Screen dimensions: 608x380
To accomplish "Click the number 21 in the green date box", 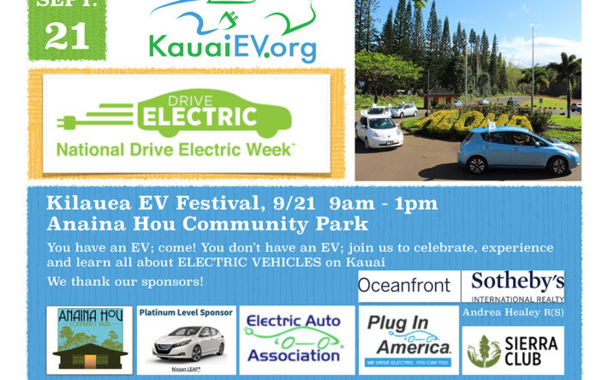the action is [x=67, y=36].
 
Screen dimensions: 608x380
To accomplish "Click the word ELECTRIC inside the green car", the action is [x=200, y=116].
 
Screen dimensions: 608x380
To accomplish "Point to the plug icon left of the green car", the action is [x=66, y=122].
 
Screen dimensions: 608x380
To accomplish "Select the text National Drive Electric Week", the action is [x=176, y=150].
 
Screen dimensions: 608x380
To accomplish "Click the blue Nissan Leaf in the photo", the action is [x=518, y=150].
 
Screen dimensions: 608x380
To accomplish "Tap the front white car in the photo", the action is [x=379, y=132].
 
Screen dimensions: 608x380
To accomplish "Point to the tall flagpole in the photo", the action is [x=533, y=67].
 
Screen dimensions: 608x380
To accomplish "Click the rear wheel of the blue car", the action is [x=477, y=164].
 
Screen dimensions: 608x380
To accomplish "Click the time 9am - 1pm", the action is [x=383, y=204].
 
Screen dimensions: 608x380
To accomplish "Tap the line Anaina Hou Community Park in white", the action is [x=207, y=224].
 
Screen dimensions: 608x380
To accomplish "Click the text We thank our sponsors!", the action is [x=125, y=282].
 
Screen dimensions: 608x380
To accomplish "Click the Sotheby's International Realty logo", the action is [x=513, y=286].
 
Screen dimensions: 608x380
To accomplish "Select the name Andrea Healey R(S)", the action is [x=513, y=312].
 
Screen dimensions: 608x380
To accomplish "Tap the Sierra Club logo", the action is [x=513, y=351].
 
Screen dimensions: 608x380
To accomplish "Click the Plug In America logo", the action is [x=408, y=341].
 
